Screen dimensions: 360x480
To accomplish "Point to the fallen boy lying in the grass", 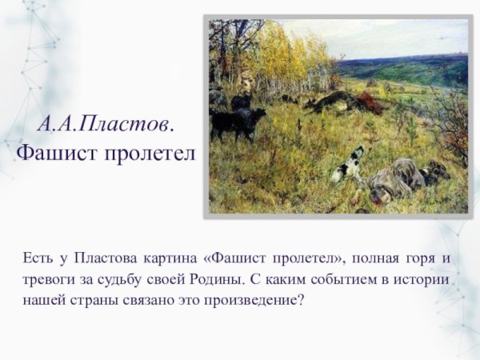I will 400,177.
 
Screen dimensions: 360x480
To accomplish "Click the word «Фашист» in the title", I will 54,152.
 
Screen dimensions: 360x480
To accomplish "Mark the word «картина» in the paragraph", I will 171,258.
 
